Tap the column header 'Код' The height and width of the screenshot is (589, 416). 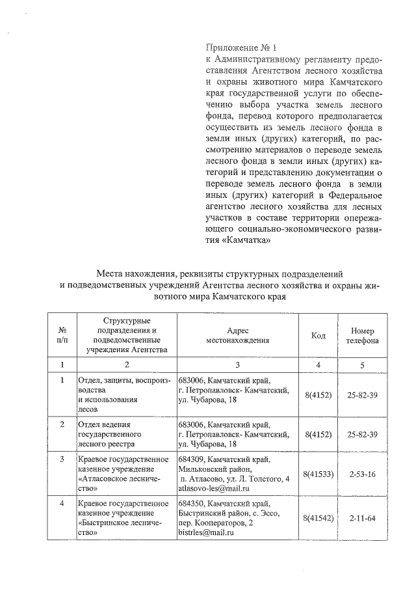point(318,335)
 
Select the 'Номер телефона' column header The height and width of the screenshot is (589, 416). point(363,335)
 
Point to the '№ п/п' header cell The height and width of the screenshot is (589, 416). point(62,335)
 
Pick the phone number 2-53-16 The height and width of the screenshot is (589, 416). point(363,474)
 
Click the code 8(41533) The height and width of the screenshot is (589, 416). point(318,474)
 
